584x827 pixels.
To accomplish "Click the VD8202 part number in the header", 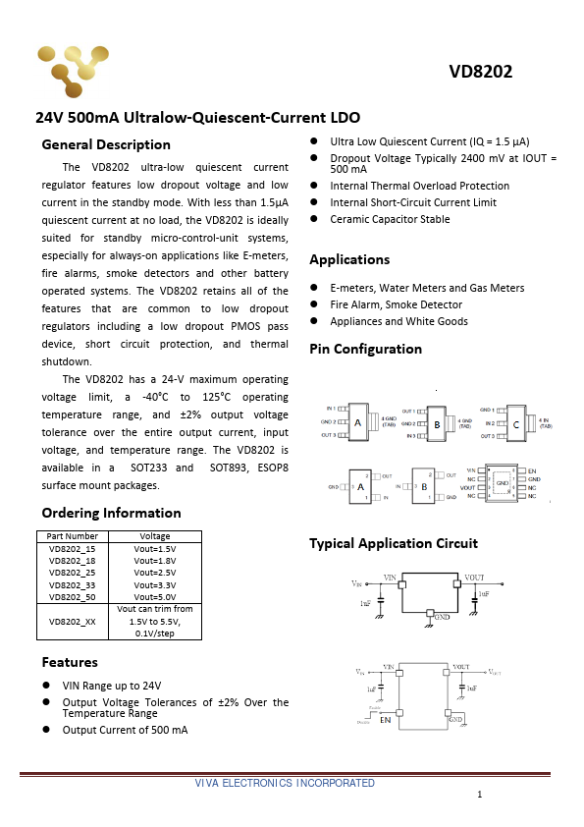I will click(481, 72).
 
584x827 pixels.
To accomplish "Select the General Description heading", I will click(106, 144).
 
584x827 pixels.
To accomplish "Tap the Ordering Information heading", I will click(111, 513).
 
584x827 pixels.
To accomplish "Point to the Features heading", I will click(70, 662).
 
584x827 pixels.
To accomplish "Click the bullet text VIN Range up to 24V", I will click(112, 686).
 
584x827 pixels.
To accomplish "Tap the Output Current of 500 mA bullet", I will click(125, 730).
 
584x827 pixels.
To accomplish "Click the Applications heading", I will click(349, 259).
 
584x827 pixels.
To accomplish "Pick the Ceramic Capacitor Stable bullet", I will click(390, 219).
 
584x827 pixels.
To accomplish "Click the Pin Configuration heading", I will click(365, 349).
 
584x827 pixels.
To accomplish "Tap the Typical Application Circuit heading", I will click(394, 543).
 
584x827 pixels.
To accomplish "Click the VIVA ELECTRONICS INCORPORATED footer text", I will click(285, 783).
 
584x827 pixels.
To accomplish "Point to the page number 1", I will click(479, 794).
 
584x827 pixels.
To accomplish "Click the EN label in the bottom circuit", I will click(386, 720).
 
